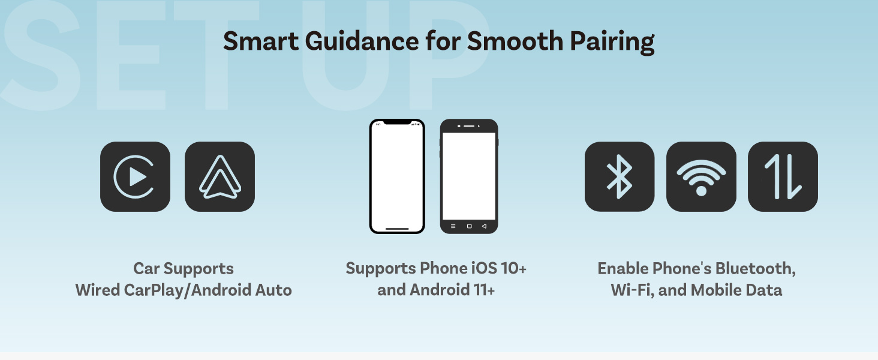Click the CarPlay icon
(x=135, y=176)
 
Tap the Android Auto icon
(x=220, y=176)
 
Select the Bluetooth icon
(x=620, y=176)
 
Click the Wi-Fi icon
(x=701, y=176)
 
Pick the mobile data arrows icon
(x=783, y=176)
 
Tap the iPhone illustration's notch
(x=397, y=122)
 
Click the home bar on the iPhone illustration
(x=397, y=228)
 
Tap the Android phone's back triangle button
(x=484, y=226)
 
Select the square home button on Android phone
(x=469, y=226)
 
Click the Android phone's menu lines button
(x=453, y=226)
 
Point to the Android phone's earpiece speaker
(x=469, y=127)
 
